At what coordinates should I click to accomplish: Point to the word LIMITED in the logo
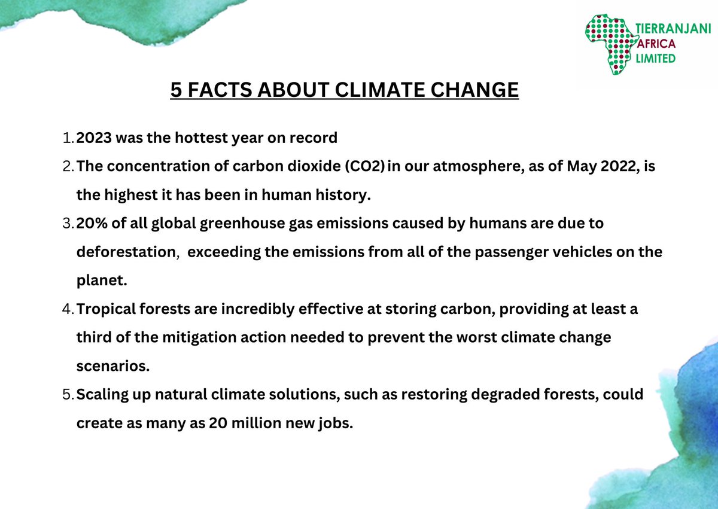(x=656, y=58)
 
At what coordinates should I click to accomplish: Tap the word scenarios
(x=112, y=366)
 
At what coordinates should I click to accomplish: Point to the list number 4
(x=66, y=309)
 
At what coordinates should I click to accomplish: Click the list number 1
(x=66, y=138)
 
